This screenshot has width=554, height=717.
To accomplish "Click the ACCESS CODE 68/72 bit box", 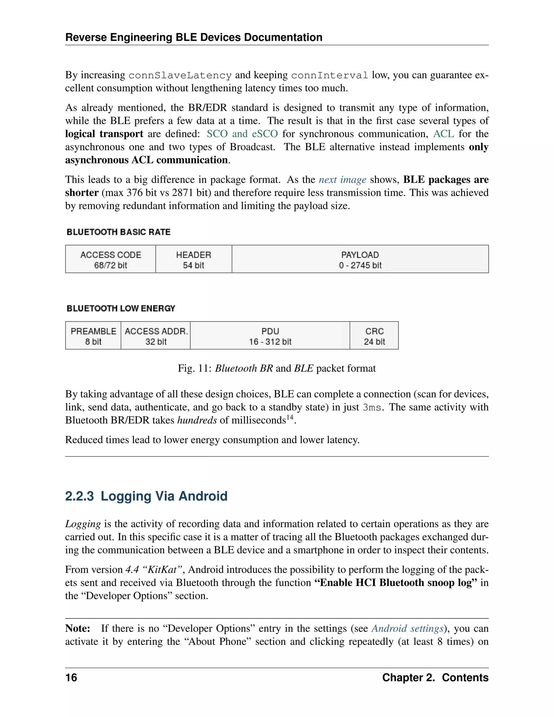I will tap(111, 259).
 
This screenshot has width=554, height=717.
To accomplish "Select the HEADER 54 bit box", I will tap(194, 259).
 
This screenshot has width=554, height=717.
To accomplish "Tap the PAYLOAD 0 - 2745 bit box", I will tap(360, 259).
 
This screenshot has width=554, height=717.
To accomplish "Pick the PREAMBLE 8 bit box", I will tap(93, 336).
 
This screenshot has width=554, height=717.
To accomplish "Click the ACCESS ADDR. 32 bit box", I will tap(156, 336).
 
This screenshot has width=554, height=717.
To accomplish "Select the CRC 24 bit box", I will tap(374, 336).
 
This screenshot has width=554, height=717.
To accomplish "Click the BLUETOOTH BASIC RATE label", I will tap(118, 232).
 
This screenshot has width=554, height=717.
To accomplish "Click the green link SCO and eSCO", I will tap(242, 134).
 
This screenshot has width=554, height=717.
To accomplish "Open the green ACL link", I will tap(443, 134).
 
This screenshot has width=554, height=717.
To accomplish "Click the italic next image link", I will tap(342, 180).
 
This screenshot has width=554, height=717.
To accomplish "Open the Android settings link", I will tap(407, 628).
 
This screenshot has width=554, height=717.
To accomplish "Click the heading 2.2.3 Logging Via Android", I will tap(146, 496).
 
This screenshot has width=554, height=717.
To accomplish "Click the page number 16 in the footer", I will tap(71, 677).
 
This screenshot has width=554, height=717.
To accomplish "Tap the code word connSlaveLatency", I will tap(180, 75).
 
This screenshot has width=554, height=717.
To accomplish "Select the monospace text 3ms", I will tap(372, 408).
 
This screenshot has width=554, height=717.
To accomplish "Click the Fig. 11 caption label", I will tap(194, 368).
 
